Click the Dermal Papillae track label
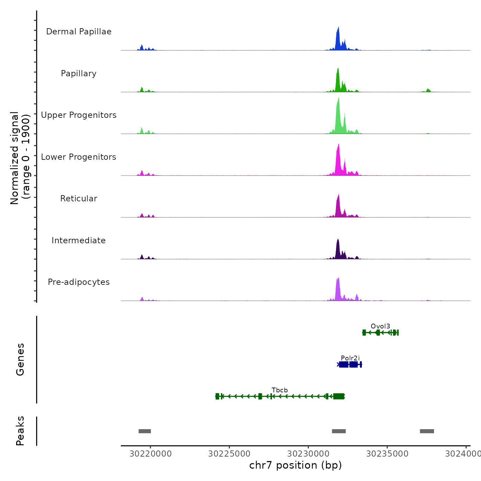pyautogui.click(x=79, y=32)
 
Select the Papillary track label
pyautogui.click(x=79, y=74)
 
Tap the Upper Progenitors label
pyautogui.click(x=79, y=115)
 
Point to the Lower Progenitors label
pyautogui.click(x=79, y=157)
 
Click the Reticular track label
pyautogui.click(x=79, y=199)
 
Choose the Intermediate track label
pyautogui.click(x=79, y=240)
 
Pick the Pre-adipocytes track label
pyautogui.click(x=79, y=282)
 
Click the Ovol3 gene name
pyautogui.click(x=380, y=326)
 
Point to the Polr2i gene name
pyautogui.click(x=350, y=358)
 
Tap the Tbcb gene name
pyautogui.click(x=280, y=390)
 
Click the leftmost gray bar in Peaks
pyautogui.click(x=145, y=431)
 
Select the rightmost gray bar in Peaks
pyautogui.click(x=427, y=431)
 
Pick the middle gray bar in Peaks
pyautogui.click(x=339, y=431)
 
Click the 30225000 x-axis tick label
pyautogui.click(x=230, y=454)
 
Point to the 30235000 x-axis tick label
pyautogui.click(x=387, y=454)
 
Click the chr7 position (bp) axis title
pyautogui.click(x=295, y=465)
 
